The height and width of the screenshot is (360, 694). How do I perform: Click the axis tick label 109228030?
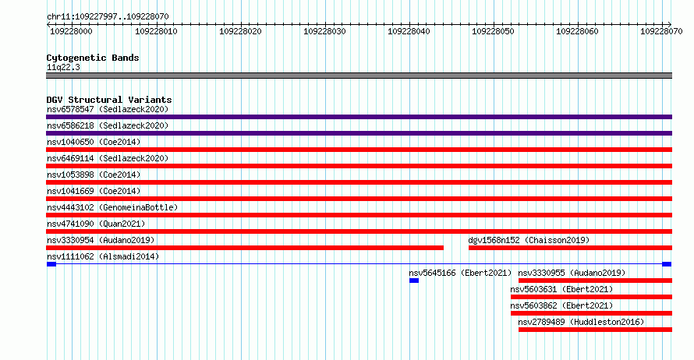click(x=324, y=31)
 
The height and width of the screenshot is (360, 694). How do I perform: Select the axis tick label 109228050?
click(x=493, y=31)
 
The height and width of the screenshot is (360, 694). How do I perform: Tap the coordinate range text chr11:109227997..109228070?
click(x=108, y=16)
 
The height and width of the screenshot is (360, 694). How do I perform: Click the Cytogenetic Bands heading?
click(x=93, y=58)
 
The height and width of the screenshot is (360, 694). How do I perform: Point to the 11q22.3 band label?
click(x=63, y=67)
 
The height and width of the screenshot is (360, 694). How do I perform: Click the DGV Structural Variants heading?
click(x=109, y=100)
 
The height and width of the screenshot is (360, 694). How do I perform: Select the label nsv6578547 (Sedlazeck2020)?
click(x=108, y=109)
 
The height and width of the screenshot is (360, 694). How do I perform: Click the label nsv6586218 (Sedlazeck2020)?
click(x=108, y=125)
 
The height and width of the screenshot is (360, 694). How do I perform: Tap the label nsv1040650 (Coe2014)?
click(x=94, y=142)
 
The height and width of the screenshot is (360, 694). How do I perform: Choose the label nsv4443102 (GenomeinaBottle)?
click(x=112, y=207)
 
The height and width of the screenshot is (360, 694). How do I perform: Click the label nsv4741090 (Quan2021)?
click(x=96, y=224)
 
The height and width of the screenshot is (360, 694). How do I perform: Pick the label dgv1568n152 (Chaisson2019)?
click(x=529, y=240)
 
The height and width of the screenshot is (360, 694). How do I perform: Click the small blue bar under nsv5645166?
click(x=414, y=281)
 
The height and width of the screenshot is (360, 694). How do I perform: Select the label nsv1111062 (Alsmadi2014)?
click(x=103, y=256)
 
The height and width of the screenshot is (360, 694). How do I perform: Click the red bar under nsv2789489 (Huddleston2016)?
click(x=595, y=330)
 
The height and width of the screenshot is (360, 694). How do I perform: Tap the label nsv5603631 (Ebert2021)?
click(x=561, y=289)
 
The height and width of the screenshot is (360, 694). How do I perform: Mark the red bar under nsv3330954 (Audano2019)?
click(x=245, y=248)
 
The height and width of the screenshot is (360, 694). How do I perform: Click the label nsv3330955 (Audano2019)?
click(x=572, y=273)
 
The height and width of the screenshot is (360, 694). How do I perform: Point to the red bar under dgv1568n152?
click(x=571, y=248)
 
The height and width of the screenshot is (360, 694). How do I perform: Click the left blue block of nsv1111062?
click(x=51, y=264)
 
